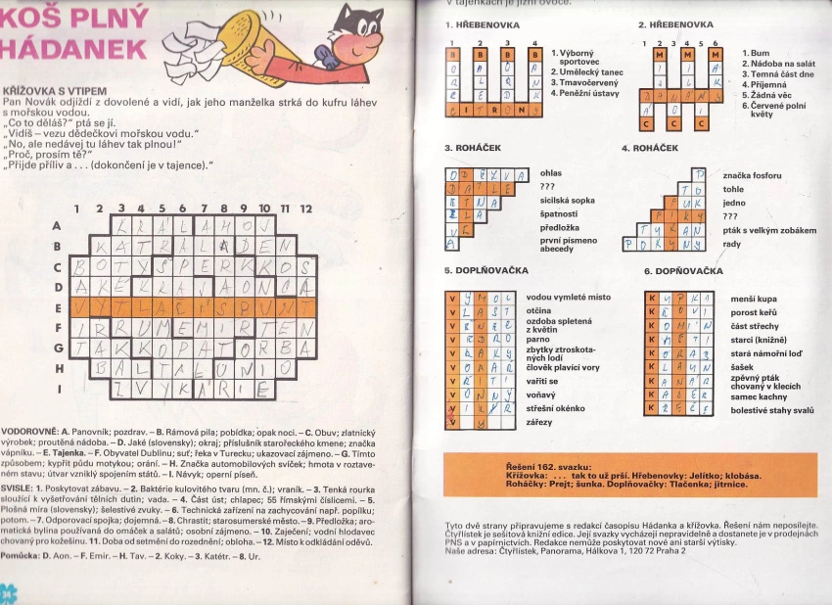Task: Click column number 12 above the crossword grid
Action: [x=305, y=209]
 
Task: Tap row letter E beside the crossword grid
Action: [x=57, y=306]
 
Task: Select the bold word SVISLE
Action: [x=20, y=487]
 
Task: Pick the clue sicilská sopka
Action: [x=568, y=200]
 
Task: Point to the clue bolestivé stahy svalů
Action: [x=771, y=410]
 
